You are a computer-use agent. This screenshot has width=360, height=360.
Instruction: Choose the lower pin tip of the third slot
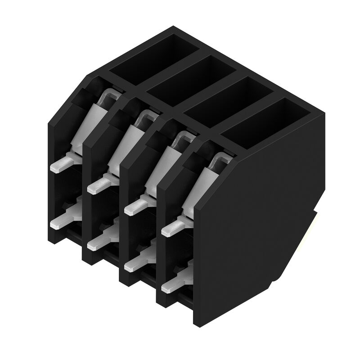tap(131, 265)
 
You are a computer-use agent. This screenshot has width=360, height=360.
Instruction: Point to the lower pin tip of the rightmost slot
tap(168, 285)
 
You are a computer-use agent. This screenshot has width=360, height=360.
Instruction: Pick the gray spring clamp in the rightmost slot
tap(200, 184)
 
